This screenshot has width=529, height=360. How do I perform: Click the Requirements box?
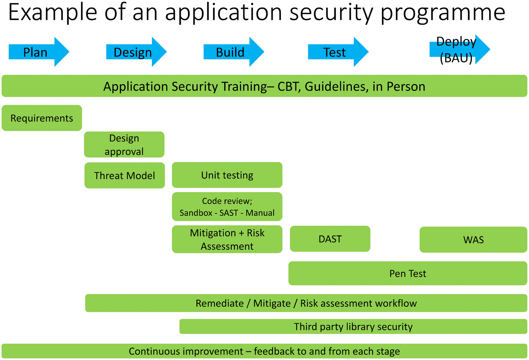click(x=42, y=118)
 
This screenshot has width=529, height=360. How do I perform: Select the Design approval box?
click(x=124, y=145)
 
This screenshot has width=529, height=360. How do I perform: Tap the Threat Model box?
click(x=125, y=175)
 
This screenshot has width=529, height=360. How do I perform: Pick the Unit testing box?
click(x=227, y=175)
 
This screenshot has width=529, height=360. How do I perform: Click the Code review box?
click(x=227, y=207)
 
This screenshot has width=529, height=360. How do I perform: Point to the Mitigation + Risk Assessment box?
click(x=227, y=239)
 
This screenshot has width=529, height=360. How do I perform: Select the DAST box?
click(x=330, y=239)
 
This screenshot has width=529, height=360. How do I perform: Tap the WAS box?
click(x=474, y=240)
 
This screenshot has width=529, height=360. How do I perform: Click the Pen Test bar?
click(x=408, y=273)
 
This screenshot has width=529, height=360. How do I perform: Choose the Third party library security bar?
click(x=353, y=327)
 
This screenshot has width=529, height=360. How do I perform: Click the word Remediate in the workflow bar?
click(x=220, y=303)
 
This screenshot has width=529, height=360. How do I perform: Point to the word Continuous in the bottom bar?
click(x=186, y=351)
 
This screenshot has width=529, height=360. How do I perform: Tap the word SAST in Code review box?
click(x=229, y=213)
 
